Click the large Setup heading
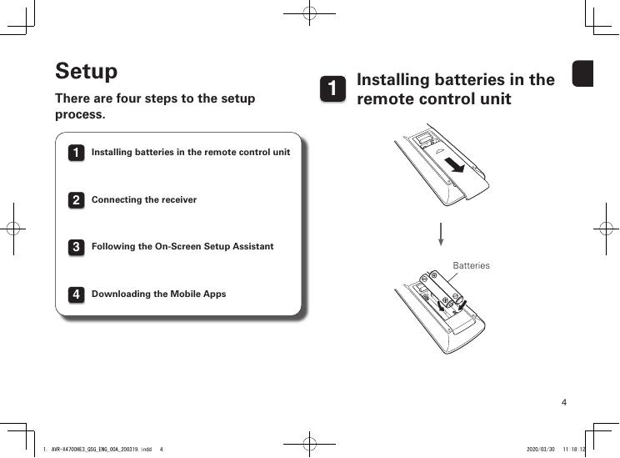pos(86,72)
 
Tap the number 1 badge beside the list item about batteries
pos(75,154)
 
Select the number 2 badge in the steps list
pos(75,201)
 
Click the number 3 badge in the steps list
pos(75,248)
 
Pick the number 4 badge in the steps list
pos(75,295)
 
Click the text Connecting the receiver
pos(144,200)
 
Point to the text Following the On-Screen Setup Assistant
pos(182,247)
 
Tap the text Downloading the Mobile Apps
pos(158,294)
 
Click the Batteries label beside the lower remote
pos(471,265)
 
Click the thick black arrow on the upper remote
pos(454,163)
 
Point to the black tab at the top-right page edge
pos(582,74)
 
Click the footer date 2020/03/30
pos(541,449)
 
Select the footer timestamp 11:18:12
pos(575,449)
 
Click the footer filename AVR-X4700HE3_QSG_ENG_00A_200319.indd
pos(101,449)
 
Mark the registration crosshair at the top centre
pos(308,14)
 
